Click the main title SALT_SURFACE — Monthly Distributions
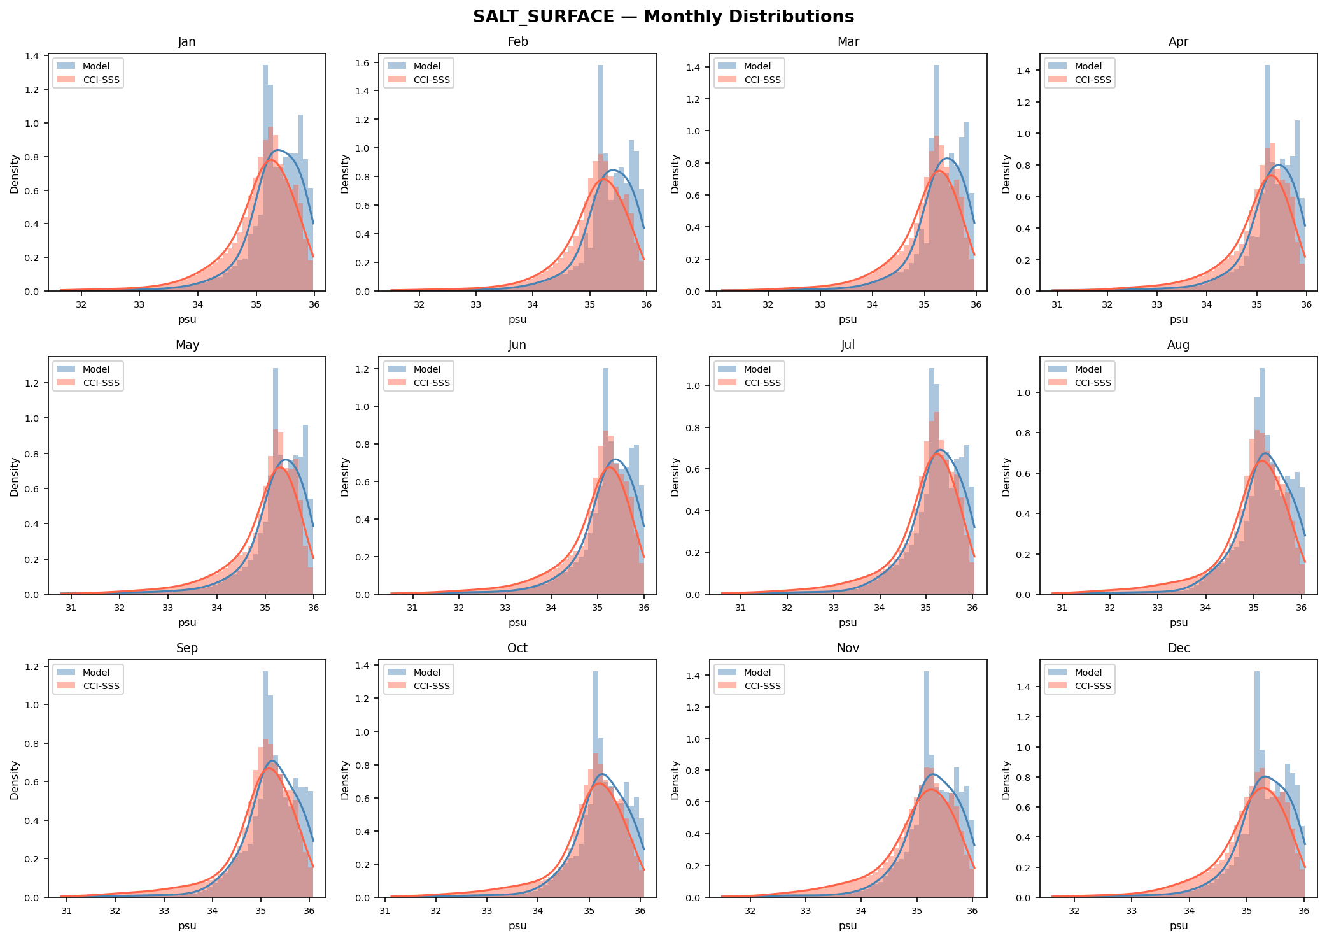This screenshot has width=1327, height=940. pos(663,17)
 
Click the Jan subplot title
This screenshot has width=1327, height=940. pos(186,42)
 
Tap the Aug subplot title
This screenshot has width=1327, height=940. pos(1178,345)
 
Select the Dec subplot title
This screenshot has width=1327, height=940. pos(1178,648)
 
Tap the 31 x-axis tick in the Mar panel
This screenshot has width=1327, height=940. pos(717,304)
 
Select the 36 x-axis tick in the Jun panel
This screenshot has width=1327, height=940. pos(643,608)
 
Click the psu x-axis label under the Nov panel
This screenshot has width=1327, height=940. pos(848,925)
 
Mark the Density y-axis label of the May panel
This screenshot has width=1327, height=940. pos(15,476)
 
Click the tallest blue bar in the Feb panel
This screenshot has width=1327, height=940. pos(601,178)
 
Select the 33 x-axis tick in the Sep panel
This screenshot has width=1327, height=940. pos(164,911)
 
